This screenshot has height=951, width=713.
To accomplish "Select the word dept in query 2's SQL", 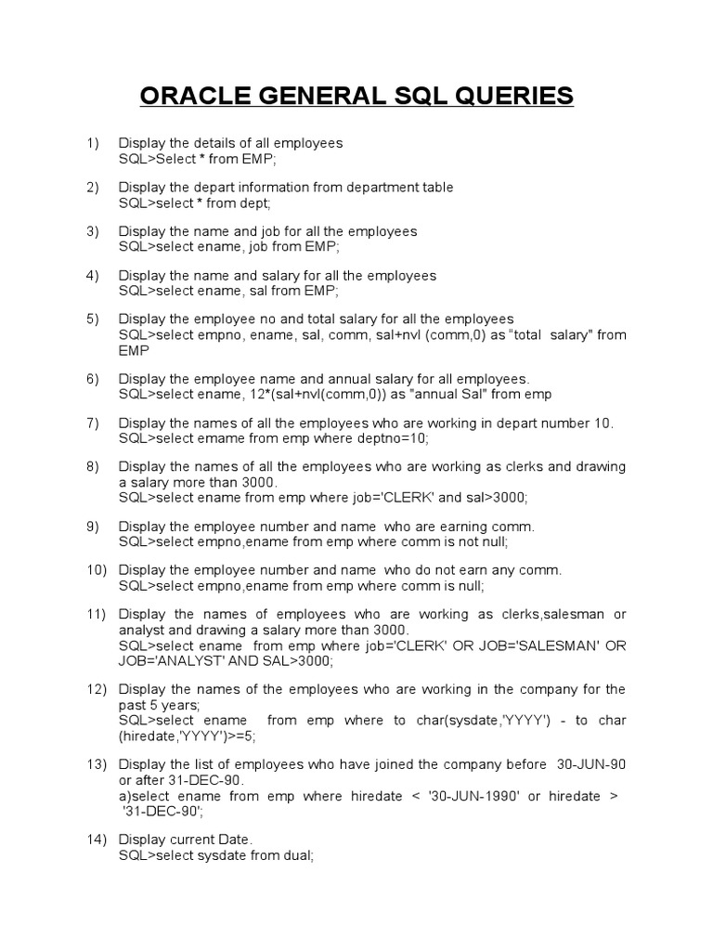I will (254, 202).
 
